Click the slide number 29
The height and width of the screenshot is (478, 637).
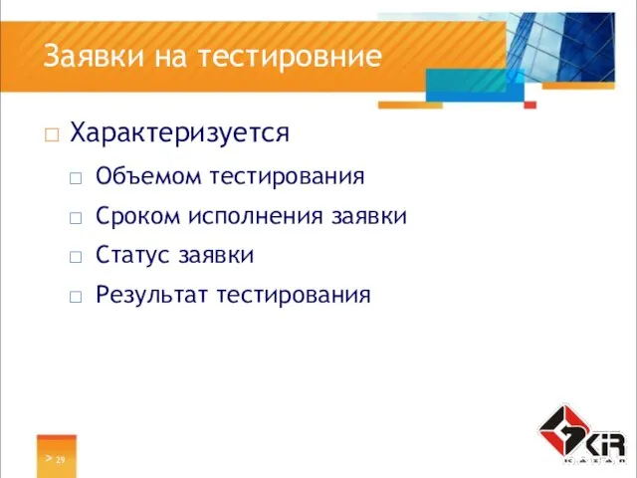click(61, 459)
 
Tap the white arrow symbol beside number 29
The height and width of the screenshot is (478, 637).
click(47, 458)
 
